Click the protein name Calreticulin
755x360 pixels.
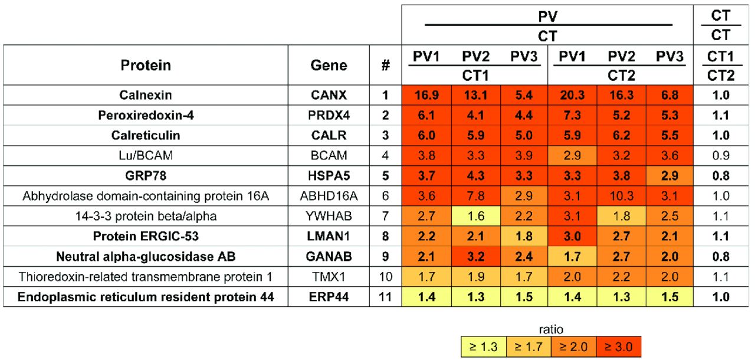146,135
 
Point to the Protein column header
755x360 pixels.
146,66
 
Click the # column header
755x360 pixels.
385,66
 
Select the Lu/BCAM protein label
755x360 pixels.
146,155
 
